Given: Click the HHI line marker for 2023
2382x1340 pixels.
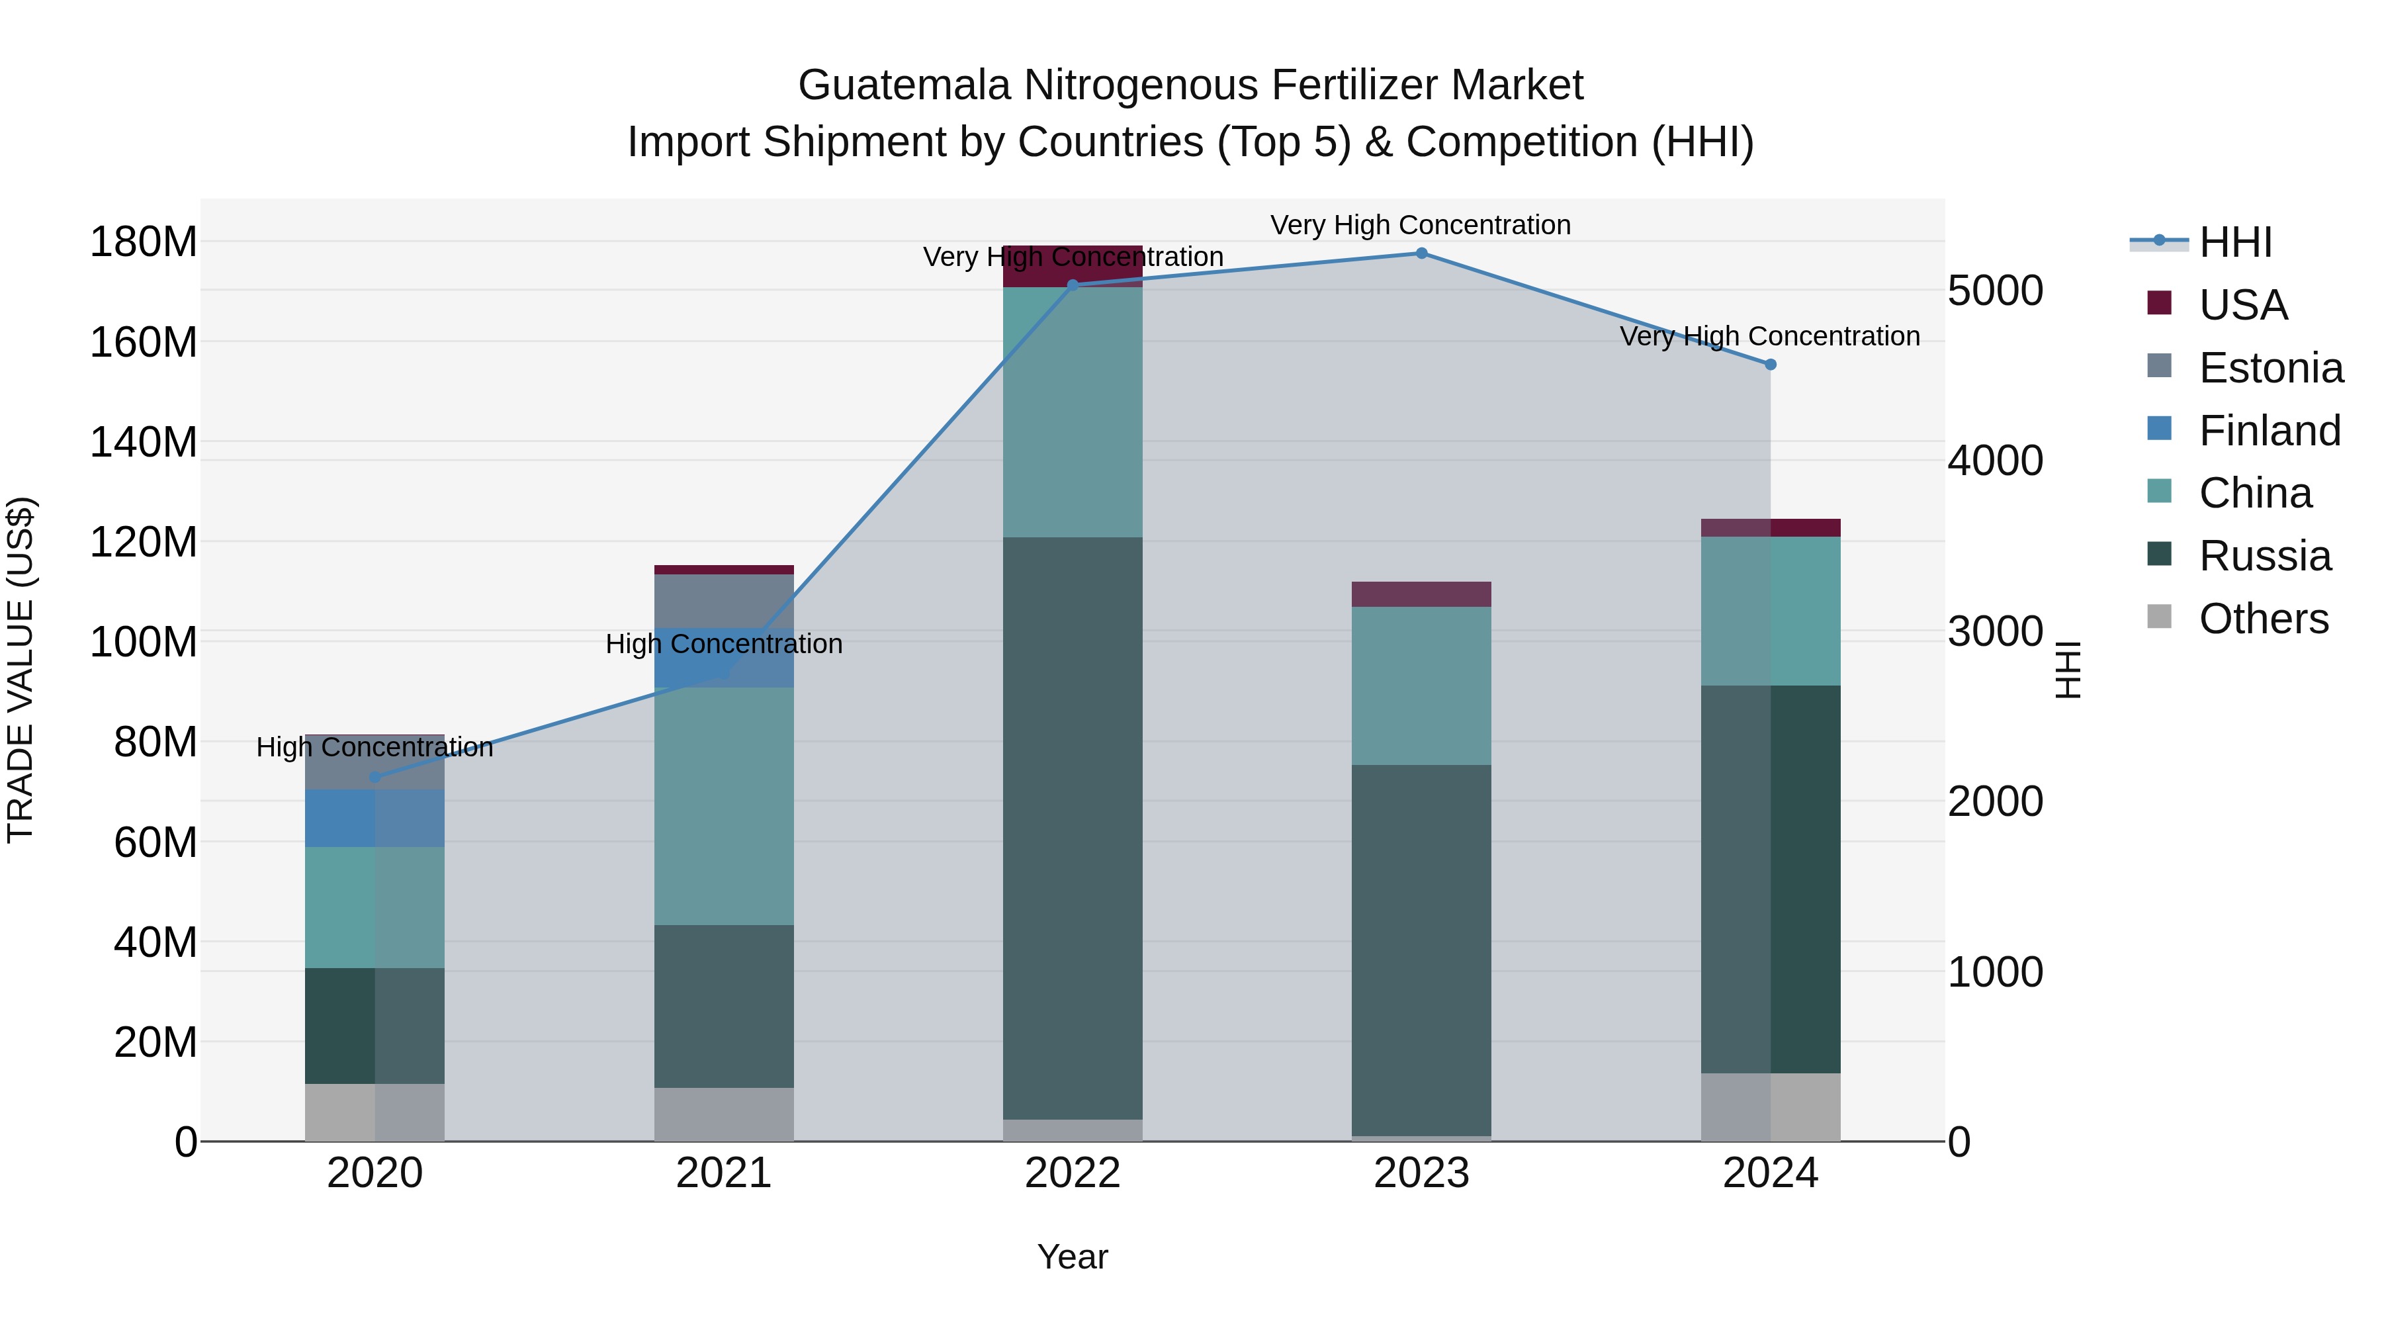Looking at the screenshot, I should [x=1421, y=253].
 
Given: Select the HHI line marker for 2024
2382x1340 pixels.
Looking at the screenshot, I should [x=1771, y=365].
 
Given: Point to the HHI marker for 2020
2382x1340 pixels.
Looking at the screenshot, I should [x=375, y=777].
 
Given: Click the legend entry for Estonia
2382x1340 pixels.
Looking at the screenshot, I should [x=2271, y=368].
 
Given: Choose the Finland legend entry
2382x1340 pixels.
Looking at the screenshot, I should [x=2270, y=431].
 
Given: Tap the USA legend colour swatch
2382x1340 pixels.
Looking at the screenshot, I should [x=2159, y=303].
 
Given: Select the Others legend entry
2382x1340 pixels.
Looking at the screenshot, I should [x=2263, y=619].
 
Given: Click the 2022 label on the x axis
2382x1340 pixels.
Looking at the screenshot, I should [x=1073, y=1173].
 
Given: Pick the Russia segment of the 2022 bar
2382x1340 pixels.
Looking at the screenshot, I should [x=1073, y=828].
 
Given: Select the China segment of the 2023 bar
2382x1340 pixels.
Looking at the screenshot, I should [x=1421, y=686].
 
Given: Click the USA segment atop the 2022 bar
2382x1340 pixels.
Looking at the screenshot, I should [x=1073, y=265].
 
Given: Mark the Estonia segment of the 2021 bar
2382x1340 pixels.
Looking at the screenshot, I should [x=724, y=601].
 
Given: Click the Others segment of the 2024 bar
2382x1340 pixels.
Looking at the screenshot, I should [x=1771, y=1107].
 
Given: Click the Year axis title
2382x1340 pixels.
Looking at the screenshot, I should [x=1073, y=1257].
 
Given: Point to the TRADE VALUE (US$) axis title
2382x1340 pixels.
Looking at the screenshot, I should [x=21, y=670].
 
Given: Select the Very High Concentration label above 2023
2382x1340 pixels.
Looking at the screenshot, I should [x=1421, y=225].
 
